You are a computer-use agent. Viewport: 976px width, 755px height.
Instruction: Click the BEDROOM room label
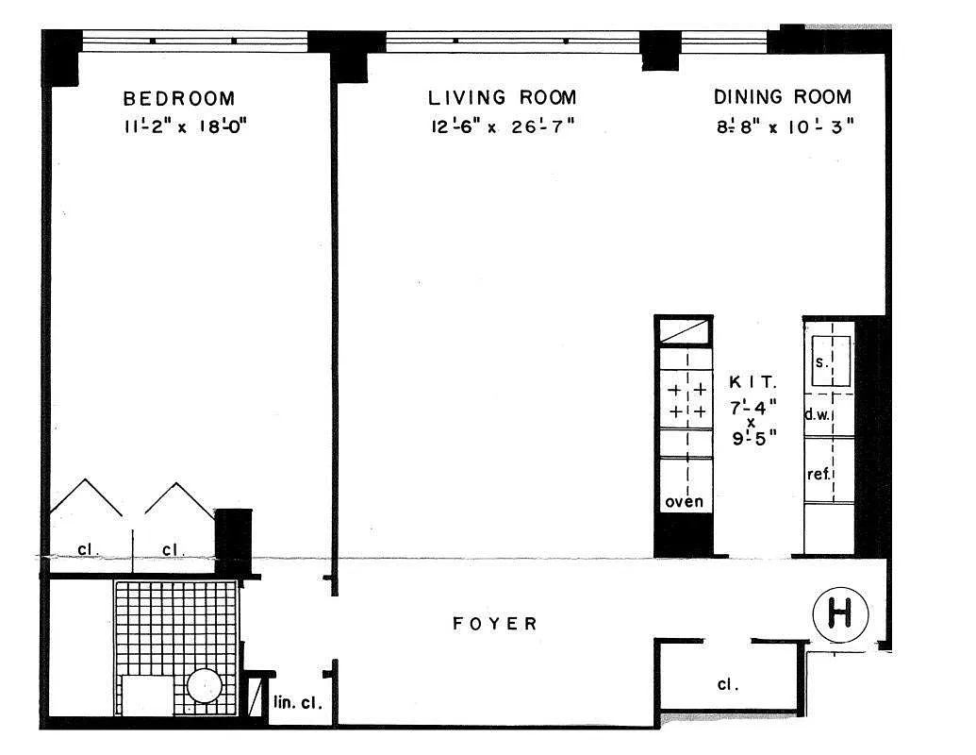pos(179,98)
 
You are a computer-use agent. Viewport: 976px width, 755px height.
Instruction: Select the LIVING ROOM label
pos(502,98)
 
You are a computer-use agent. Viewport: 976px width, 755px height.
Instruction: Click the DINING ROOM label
pos(782,97)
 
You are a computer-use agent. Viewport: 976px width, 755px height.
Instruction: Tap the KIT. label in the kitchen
pos(753,383)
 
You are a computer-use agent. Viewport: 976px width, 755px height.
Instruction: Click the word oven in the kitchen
pos(684,502)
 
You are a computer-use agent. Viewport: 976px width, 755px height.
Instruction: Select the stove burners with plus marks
pos(687,400)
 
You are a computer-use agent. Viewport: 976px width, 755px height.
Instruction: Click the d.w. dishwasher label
pos(817,414)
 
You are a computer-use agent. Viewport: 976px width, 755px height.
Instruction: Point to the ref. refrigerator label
pos(819,473)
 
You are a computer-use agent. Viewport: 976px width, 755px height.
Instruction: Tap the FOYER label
pos(495,624)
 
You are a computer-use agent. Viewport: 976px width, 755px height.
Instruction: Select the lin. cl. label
pos(297,703)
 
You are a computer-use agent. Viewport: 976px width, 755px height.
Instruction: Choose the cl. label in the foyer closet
pos(726,685)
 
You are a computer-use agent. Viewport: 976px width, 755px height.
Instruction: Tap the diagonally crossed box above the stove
pos(685,332)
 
